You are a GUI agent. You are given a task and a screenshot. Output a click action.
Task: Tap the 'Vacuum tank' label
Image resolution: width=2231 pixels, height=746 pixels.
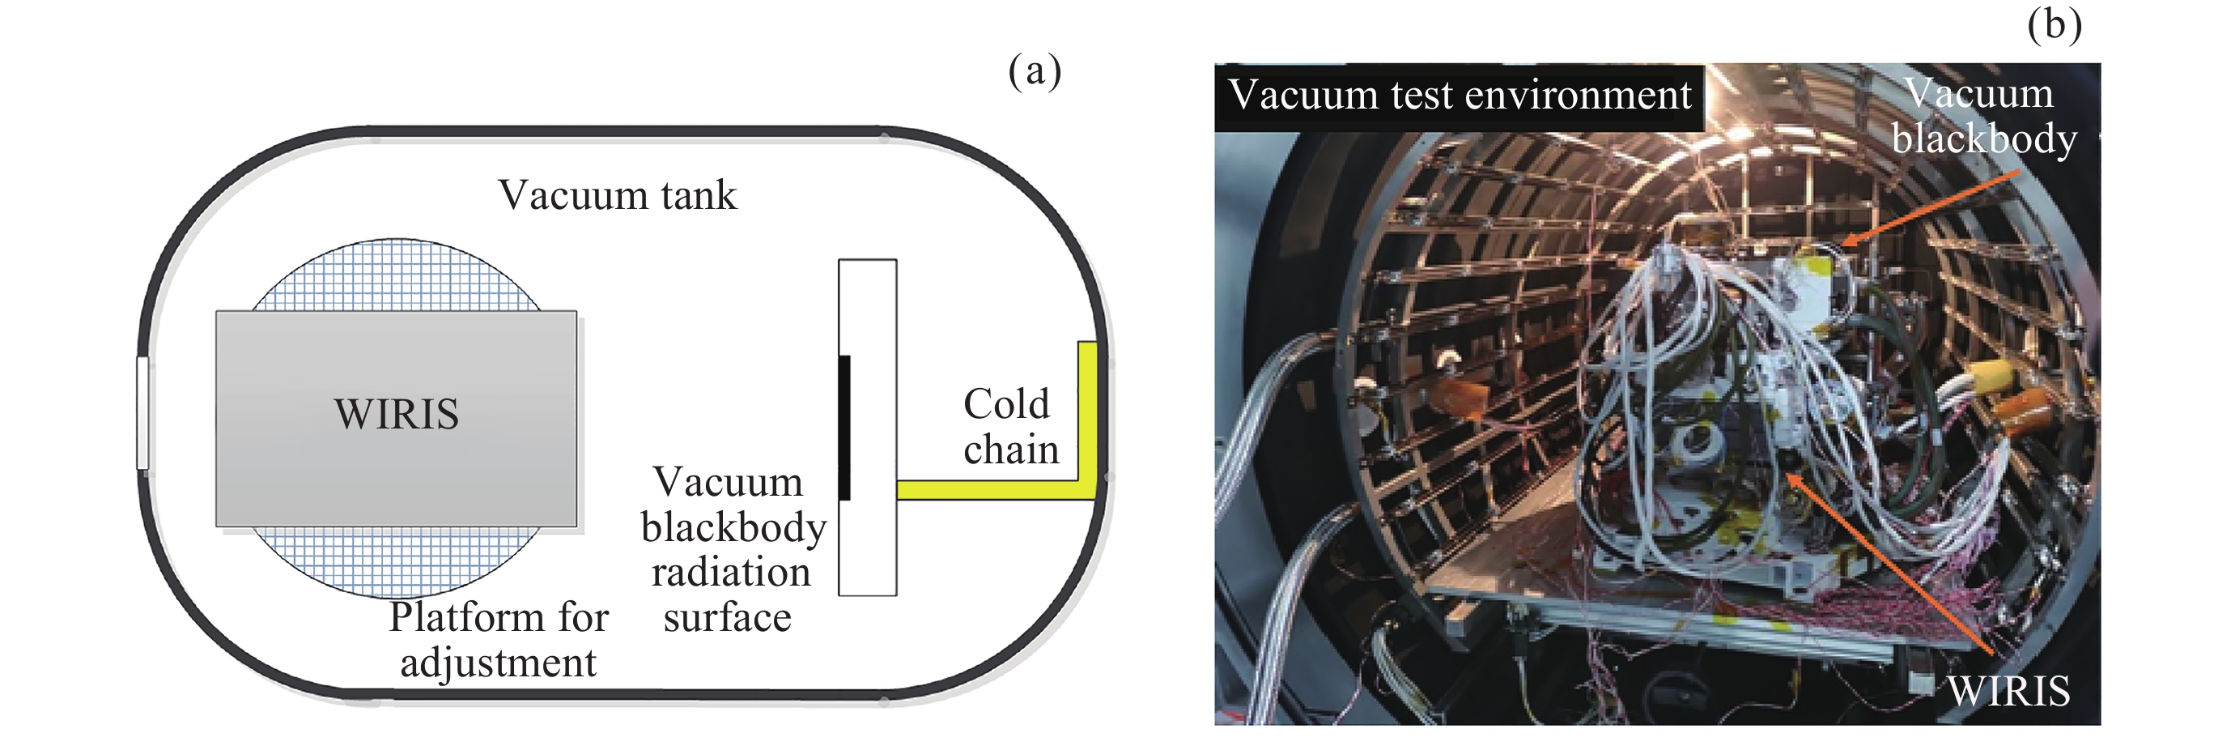tap(618, 195)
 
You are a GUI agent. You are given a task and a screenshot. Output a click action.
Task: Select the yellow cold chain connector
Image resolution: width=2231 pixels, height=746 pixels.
tap(996, 489)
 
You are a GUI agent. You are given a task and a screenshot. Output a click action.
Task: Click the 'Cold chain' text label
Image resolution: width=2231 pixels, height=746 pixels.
tap(1009, 426)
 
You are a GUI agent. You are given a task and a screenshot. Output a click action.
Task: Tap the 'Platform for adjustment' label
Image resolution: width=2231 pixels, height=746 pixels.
tap(498, 639)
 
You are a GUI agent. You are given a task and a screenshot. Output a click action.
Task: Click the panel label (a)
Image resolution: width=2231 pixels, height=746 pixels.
tap(1034, 71)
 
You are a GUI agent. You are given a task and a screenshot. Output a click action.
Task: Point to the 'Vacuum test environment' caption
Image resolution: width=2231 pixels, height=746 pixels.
tap(1460, 95)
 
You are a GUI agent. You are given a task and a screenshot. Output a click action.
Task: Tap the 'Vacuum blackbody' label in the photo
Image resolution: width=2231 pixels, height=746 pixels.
tap(1983, 116)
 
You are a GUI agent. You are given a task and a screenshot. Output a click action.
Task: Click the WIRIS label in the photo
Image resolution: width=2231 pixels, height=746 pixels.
tap(2008, 691)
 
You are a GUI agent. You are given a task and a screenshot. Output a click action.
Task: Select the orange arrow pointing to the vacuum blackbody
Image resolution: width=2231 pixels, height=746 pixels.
tap(1931, 207)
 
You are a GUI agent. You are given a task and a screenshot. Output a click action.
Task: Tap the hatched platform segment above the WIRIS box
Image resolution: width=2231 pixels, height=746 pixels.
tap(396, 275)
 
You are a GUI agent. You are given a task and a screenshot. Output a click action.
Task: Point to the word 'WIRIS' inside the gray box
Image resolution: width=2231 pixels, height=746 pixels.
tap(396, 414)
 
